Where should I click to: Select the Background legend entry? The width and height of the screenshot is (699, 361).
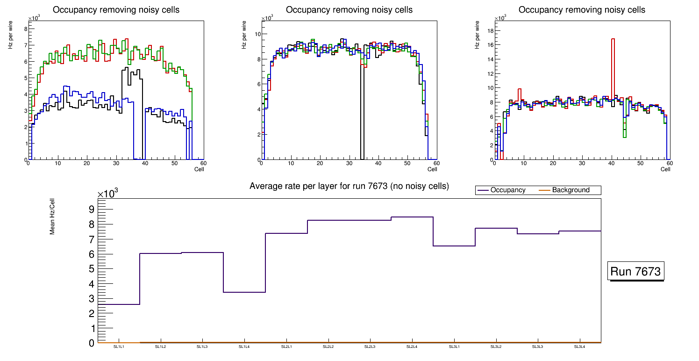571,190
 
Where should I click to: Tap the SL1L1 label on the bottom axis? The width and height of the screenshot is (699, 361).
119,347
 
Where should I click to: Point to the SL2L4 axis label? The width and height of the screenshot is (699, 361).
412,347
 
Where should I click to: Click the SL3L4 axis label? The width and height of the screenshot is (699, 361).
579,347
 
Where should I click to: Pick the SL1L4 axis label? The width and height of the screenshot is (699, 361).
244,347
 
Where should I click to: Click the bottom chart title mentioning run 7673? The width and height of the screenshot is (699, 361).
349,186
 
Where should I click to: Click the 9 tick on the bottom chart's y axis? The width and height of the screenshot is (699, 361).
91,209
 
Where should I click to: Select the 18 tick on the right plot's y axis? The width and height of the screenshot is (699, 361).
491,30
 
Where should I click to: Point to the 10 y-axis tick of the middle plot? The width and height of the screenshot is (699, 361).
257,34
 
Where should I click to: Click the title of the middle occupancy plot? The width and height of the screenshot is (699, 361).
349,10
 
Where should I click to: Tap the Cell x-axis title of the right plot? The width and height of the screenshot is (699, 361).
665,169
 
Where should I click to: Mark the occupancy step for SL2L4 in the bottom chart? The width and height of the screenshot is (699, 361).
412,217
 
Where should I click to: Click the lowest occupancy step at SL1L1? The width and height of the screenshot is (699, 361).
119,304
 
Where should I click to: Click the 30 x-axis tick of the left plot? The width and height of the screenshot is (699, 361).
115,163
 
